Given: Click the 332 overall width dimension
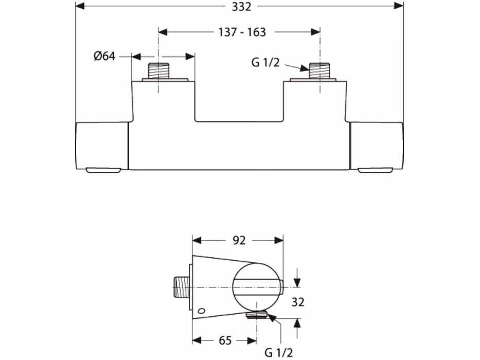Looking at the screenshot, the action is [x=241, y=6].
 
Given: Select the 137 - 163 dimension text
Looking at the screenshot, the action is [x=242, y=32].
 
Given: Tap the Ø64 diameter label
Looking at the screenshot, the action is [x=104, y=56].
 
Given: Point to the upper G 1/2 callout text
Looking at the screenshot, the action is [x=265, y=62].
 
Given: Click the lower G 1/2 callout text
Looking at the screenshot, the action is [x=278, y=353].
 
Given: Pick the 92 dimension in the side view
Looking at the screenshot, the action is [x=239, y=240].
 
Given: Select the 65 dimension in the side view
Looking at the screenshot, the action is [x=225, y=340].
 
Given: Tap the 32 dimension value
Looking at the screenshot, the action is [x=297, y=302].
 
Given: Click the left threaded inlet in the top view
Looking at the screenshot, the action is [x=158, y=71].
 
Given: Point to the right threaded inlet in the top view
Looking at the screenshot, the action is [x=319, y=71].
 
